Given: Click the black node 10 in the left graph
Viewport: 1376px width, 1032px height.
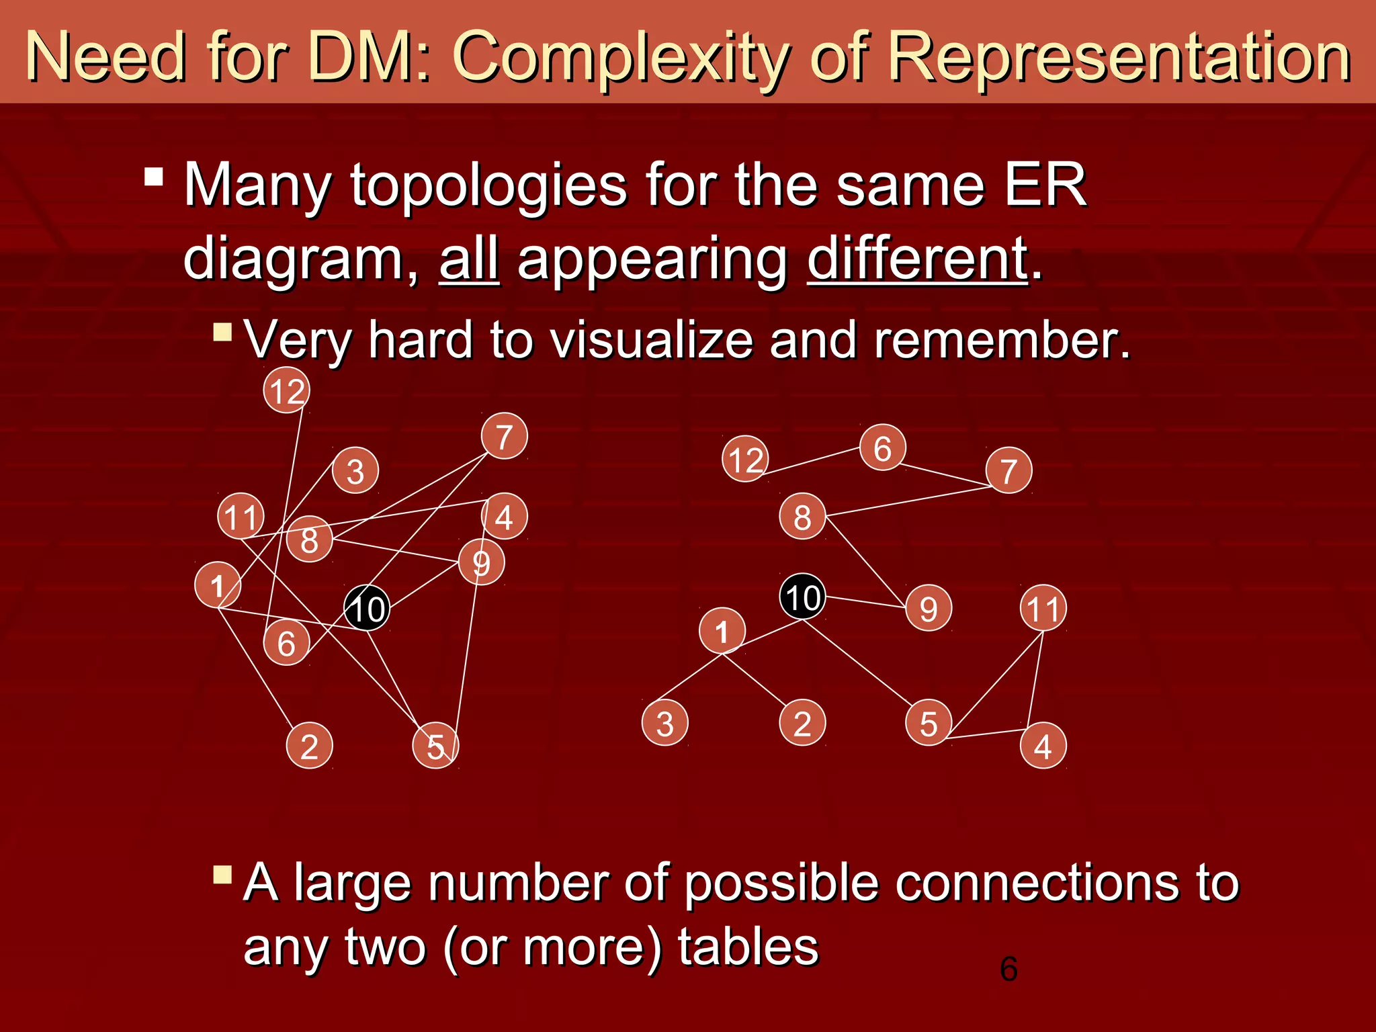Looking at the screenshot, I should point(367,608).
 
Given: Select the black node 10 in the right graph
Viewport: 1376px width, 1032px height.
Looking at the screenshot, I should point(802,597).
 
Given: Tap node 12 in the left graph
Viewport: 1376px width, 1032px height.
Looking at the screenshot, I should point(286,390).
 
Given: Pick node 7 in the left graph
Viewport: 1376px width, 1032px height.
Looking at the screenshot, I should point(504,436).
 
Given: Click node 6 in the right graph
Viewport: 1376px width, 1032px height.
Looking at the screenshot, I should point(882,447).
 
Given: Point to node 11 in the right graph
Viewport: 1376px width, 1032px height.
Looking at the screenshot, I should point(1043,608).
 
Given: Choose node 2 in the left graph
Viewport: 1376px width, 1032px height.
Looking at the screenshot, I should point(309,746).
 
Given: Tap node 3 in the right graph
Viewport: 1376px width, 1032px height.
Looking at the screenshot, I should point(664,723).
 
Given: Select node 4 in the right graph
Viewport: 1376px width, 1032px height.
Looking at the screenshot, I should point(1043,746).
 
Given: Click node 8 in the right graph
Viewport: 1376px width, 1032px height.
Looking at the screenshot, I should point(802,517).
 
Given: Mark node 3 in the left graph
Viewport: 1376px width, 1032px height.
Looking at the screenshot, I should point(355,470).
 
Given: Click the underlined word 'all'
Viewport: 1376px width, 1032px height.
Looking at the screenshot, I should point(469,259).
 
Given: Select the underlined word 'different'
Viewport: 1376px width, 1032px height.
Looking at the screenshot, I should point(917,259).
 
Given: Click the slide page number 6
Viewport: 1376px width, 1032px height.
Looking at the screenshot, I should point(1008,969).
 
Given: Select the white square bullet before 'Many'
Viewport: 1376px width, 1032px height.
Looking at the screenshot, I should point(154,177).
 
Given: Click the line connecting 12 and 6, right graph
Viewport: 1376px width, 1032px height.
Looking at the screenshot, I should point(813,461).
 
